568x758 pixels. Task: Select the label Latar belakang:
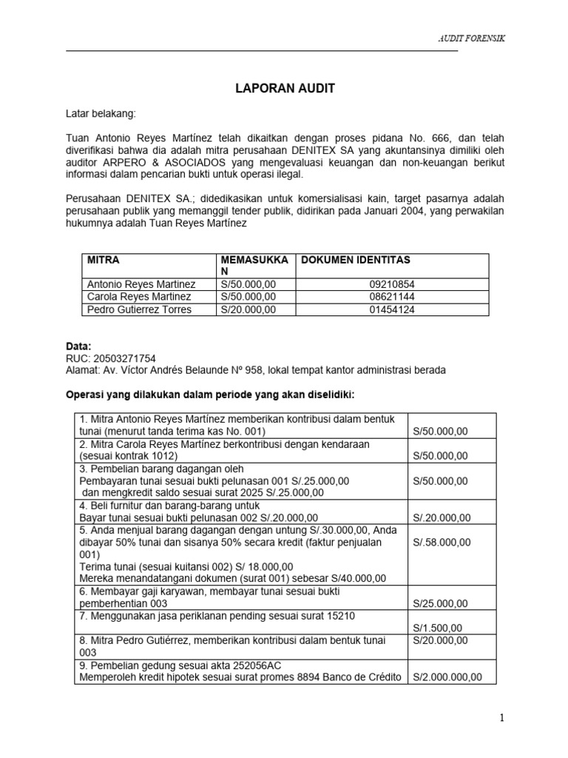coord(101,114)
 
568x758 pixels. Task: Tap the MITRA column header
coord(104,261)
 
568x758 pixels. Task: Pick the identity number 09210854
coord(391,284)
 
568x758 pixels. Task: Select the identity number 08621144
coord(391,297)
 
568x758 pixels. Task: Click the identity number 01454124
coord(391,309)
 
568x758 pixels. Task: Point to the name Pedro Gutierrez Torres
coord(140,309)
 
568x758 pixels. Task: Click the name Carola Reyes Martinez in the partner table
coord(139,297)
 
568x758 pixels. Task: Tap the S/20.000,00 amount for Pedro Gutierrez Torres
coord(248,309)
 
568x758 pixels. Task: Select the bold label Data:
coord(79,346)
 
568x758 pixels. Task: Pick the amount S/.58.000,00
coord(442,543)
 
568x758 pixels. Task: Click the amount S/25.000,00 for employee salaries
coord(440,603)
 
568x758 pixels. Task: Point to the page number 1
coord(501,718)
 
